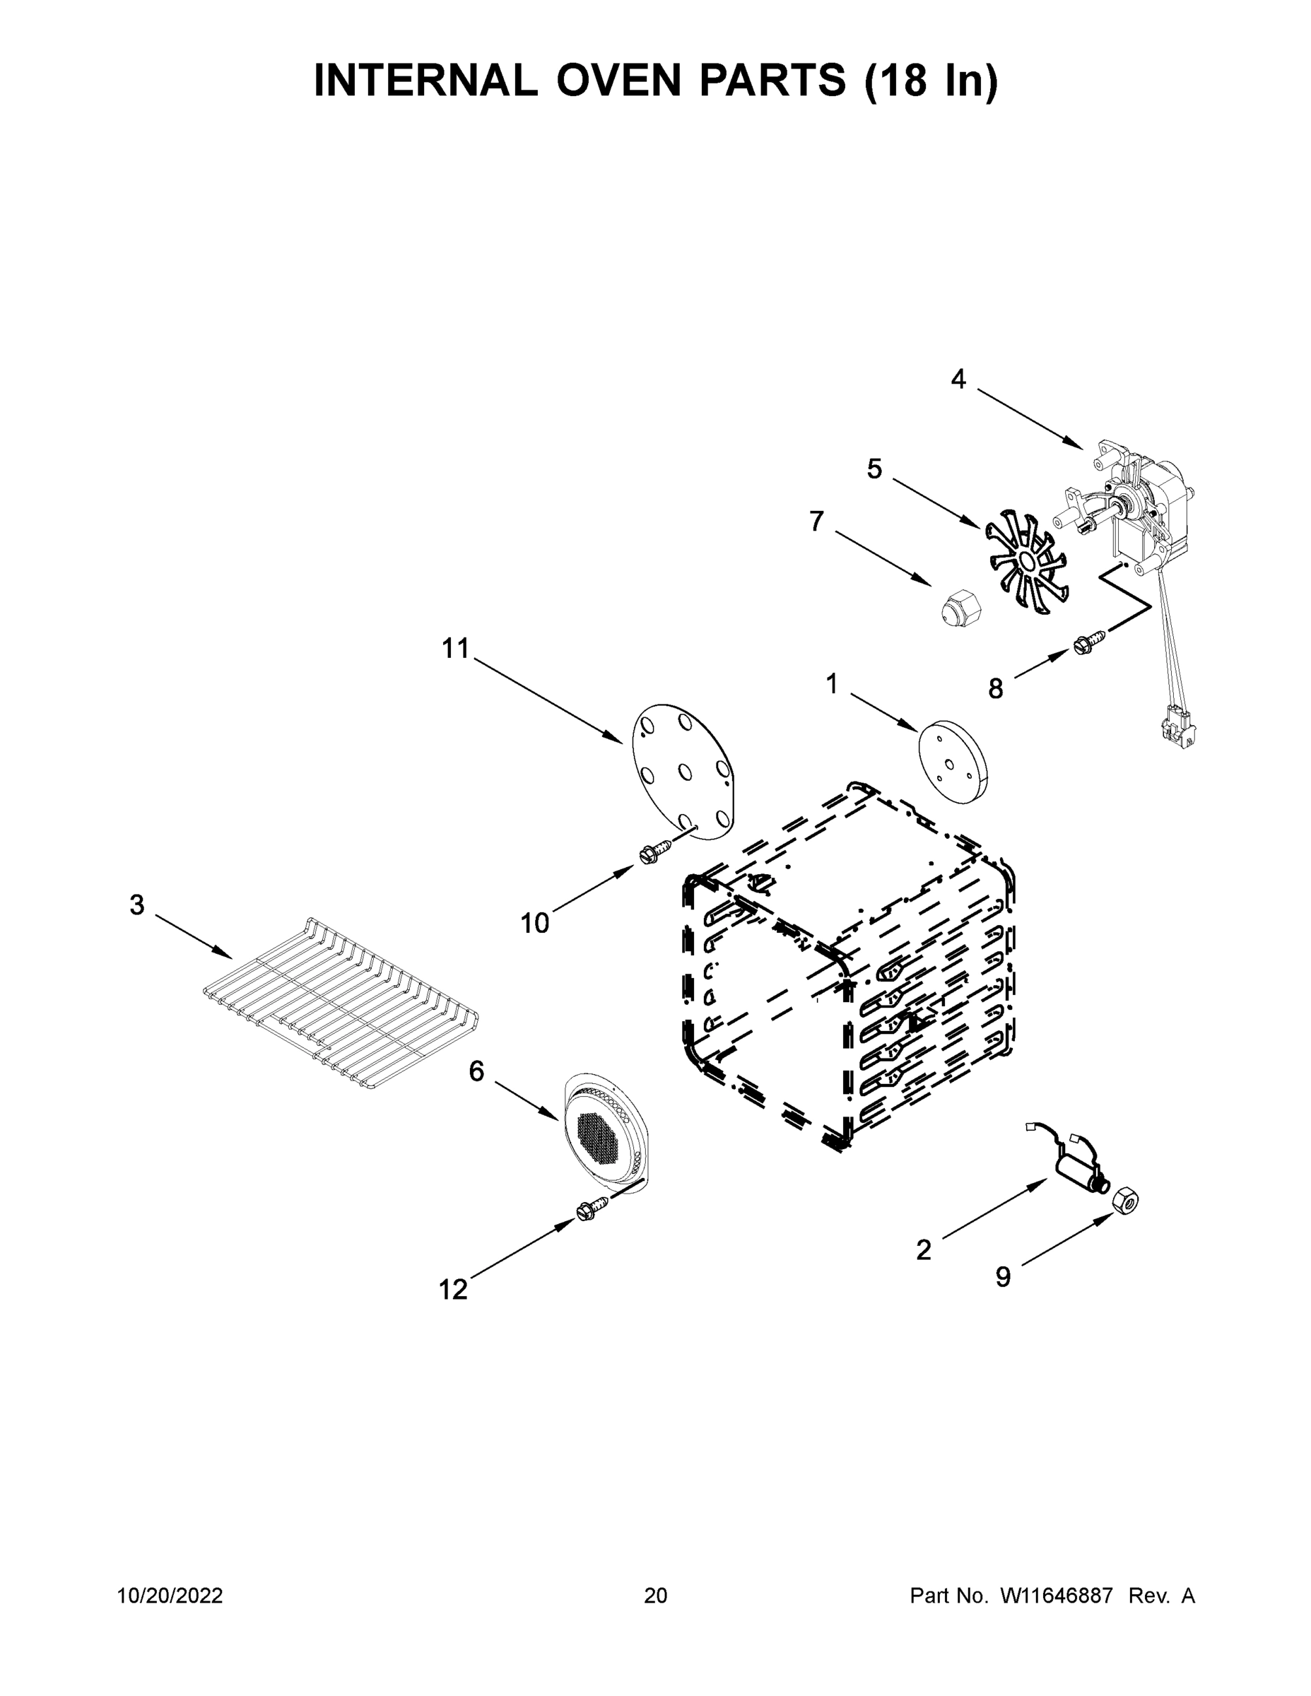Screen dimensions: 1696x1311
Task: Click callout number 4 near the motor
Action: [x=958, y=379]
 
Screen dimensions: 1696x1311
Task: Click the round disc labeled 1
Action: [x=953, y=761]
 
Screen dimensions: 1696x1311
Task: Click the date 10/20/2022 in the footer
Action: [x=170, y=1596]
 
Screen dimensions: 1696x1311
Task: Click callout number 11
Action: [x=456, y=647]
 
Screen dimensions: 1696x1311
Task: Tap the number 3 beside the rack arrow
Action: [x=136, y=905]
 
